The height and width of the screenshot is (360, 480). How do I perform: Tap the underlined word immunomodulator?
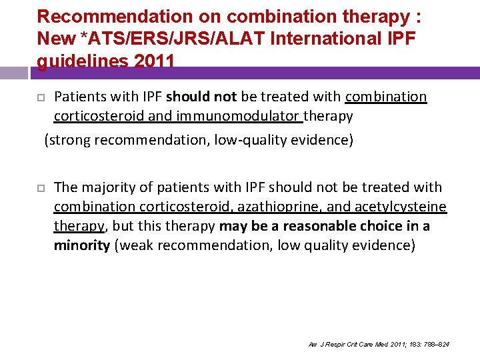tap(245, 117)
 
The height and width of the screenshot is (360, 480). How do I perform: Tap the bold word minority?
tap(82, 246)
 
